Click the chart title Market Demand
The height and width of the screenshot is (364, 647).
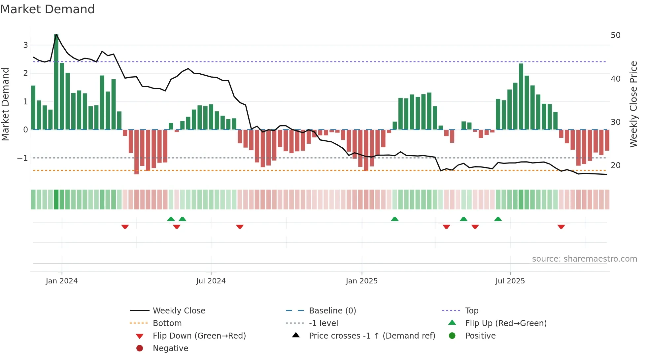(x=47, y=9)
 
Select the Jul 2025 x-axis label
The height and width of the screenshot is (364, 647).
(x=510, y=281)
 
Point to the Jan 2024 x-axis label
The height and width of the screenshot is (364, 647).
(x=62, y=281)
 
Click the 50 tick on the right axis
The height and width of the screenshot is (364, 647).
(x=615, y=35)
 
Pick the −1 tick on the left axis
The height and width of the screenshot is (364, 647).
(x=22, y=158)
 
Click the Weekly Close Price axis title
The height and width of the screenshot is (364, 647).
(x=633, y=104)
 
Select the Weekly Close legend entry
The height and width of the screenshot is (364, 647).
(x=179, y=311)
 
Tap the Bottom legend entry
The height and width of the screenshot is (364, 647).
(x=167, y=323)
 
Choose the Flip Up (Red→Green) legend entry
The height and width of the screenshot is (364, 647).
(x=506, y=323)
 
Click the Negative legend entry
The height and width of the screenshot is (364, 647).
(x=170, y=348)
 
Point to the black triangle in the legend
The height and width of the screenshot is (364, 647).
(x=296, y=335)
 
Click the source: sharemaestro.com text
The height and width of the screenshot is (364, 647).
(x=584, y=259)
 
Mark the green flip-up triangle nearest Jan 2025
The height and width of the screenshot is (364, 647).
(x=394, y=219)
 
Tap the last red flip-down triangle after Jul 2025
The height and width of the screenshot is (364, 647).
(x=561, y=227)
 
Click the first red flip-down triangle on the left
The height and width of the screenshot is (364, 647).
(x=125, y=227)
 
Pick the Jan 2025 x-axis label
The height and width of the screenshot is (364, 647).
(x=361, y=281)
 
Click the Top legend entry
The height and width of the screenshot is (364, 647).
(x=471, y=311)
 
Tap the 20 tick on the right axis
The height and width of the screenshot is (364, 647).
(x=615, y=165)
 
